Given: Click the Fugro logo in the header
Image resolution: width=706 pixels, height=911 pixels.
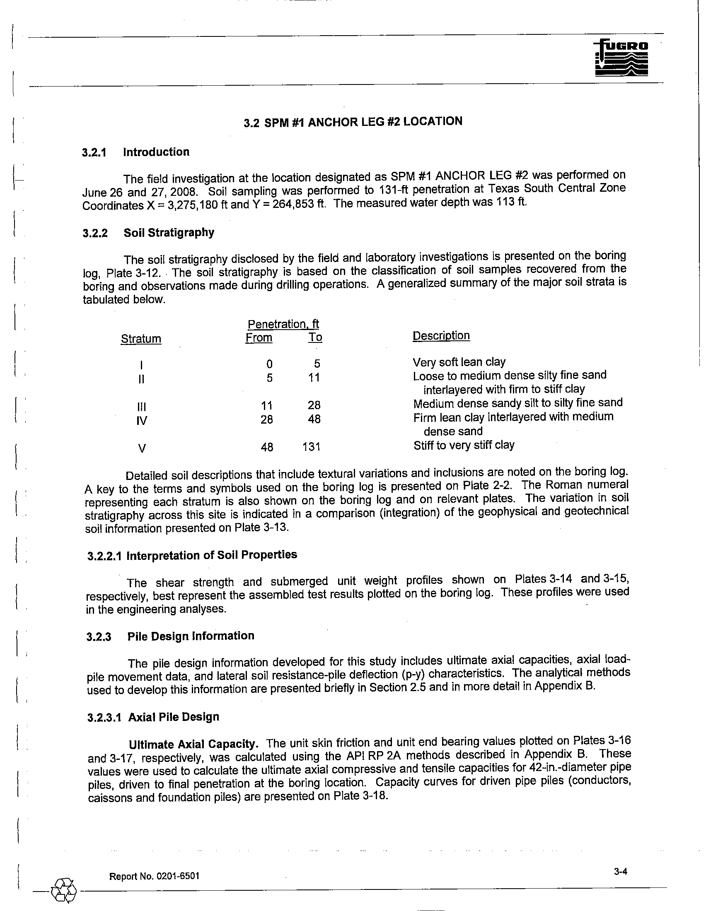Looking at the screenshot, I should click(622, 59).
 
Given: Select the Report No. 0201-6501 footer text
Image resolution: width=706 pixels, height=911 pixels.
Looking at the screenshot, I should click(154, 876).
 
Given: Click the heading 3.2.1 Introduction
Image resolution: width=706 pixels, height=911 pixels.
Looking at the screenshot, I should click(135, 152).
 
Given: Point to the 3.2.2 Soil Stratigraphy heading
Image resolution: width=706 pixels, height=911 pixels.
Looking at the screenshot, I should click(148, 233).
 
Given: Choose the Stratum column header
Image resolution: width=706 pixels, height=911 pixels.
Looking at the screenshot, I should click(141, 339).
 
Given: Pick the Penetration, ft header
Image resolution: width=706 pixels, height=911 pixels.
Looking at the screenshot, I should click(283, 324).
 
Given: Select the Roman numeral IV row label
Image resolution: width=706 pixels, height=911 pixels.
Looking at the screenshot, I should click(142, 420).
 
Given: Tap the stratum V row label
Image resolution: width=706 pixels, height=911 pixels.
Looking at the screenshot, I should click(142, 448).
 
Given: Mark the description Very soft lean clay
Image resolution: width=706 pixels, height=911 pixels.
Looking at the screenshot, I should click(459, 362).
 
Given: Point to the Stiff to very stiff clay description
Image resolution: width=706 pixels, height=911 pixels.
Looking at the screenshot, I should click(464, 445).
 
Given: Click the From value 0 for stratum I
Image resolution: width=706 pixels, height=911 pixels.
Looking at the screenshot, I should click(270, 364).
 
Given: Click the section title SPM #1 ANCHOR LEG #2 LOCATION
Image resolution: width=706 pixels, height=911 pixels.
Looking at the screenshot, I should click(353, 122).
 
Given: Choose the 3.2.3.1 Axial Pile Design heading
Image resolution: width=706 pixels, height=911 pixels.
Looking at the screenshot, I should click(153, 717).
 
